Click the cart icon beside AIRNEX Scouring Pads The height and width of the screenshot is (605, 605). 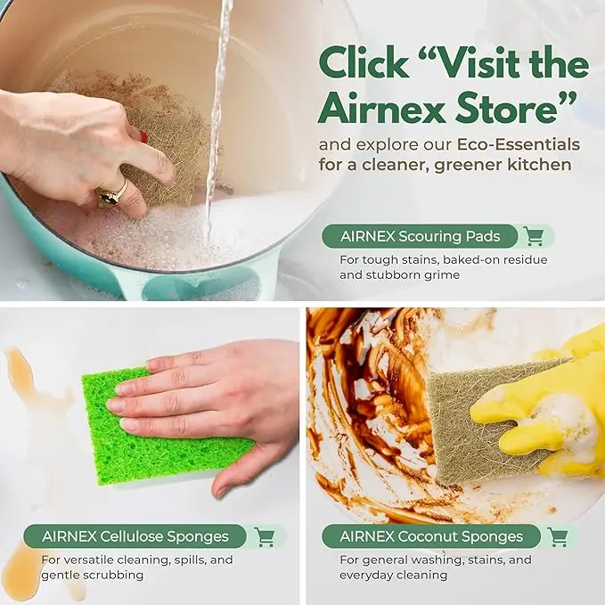[534, 236]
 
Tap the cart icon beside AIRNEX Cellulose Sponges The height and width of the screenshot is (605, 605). [265, 536]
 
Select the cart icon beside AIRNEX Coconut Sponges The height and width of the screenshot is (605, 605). [558, 536]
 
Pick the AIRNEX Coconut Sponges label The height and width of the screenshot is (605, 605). [431, 536]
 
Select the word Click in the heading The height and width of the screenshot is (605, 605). [366, 64]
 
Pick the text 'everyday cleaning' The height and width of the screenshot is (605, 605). [393, 576]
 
